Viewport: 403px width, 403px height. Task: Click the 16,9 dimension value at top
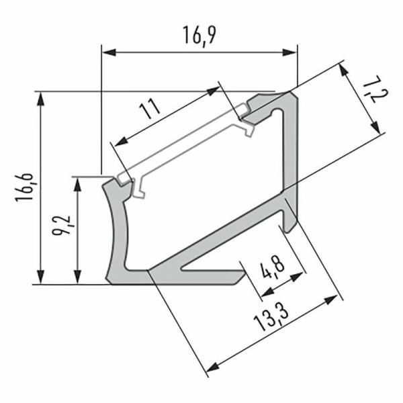click(199, 34)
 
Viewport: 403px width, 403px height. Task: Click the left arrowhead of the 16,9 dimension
click(107, 50)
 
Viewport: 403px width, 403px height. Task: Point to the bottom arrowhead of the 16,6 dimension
click(42, 278)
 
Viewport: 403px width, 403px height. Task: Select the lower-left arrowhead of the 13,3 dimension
click(214, 366)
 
